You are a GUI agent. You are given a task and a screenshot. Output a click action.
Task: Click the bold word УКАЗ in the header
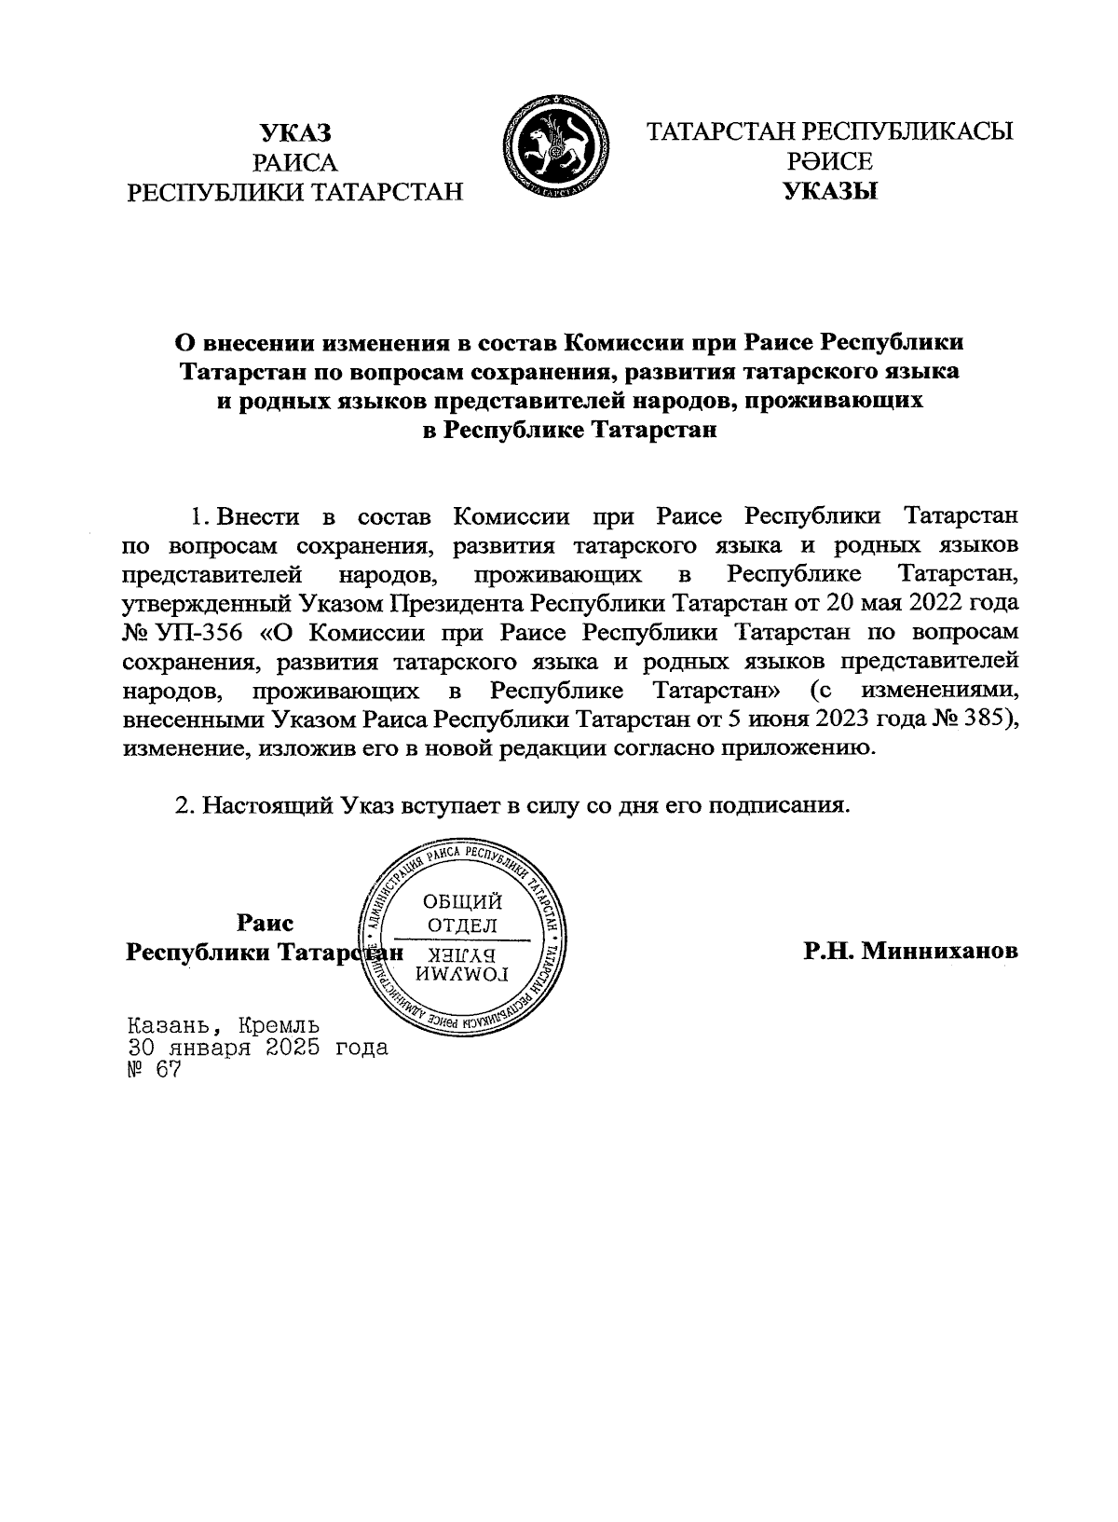295,131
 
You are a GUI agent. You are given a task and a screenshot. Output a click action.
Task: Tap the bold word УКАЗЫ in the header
830,193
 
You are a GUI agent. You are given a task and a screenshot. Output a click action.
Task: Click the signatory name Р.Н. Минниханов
911,952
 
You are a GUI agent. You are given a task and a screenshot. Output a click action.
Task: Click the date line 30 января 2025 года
257,1047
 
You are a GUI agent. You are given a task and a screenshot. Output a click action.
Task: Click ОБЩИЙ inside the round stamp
462,901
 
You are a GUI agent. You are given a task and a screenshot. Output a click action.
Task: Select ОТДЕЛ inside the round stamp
462,926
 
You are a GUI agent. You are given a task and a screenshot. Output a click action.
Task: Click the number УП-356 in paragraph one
204,633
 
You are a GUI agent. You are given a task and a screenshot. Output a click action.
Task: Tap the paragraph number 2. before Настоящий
184,805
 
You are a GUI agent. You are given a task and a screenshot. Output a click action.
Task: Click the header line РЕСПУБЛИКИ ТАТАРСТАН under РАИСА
295,193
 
